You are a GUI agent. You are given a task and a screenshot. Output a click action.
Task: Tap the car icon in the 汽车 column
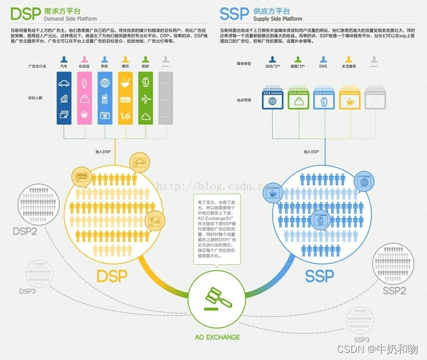(x=65, y=83)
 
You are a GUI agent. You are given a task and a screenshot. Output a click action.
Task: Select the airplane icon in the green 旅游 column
(x=145, y=99)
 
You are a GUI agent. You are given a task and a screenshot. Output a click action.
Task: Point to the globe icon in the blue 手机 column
(x=105, y=83)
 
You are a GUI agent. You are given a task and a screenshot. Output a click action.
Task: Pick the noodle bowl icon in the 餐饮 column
(x=125, y=83)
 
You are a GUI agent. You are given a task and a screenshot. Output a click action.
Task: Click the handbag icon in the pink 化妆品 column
(x=85, y=99)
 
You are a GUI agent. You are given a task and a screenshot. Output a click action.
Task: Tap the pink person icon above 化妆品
(x=85, y=60)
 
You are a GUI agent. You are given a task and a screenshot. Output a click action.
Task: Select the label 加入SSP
(x=311, y=152)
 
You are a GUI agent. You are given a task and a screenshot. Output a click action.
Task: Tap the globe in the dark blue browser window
(x=257, y=101)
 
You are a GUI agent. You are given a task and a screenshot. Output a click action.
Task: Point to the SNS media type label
(x=323, y=67)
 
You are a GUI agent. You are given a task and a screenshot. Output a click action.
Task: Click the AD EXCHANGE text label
(x=217, y=337)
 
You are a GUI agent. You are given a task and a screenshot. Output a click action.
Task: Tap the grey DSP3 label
(x=27, y=292)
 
